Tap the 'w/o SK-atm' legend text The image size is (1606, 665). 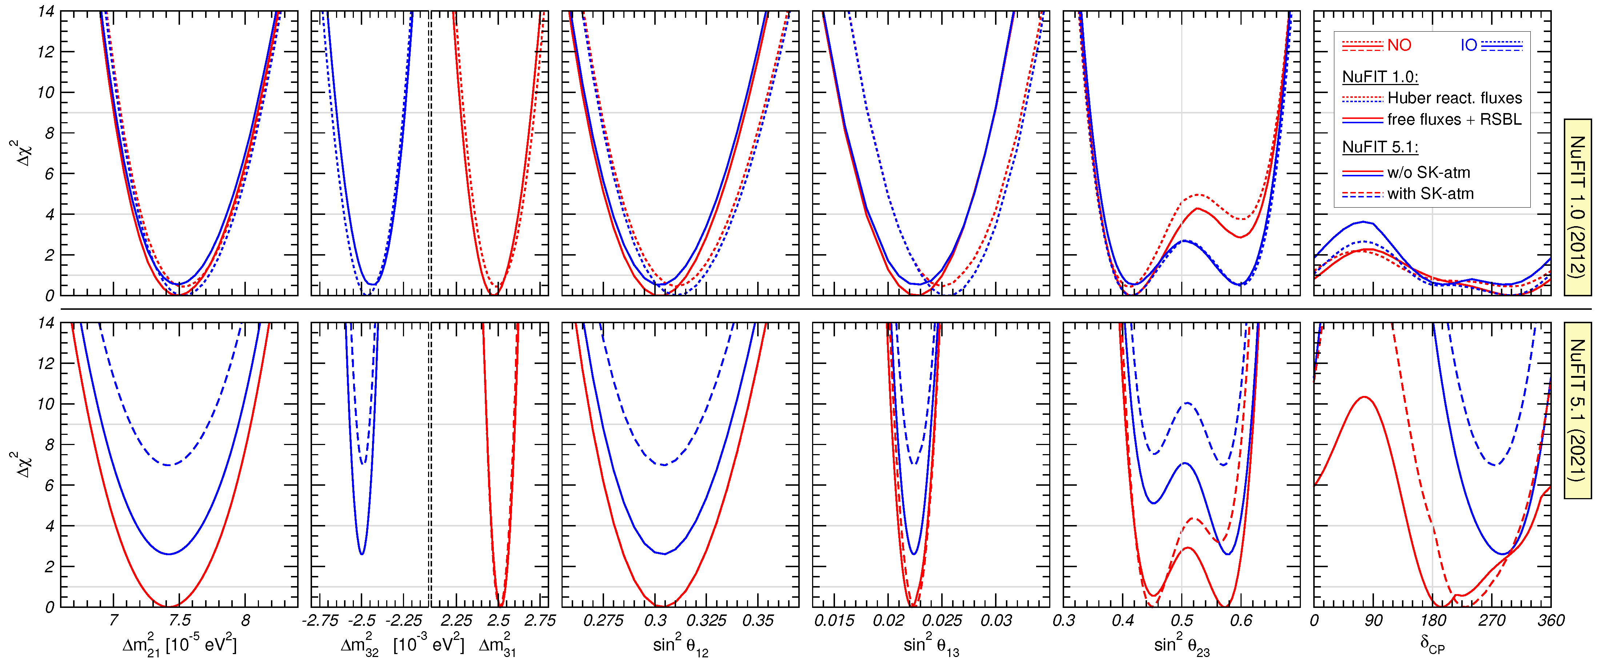[1428, 173]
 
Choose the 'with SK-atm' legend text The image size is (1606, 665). [1430, 194]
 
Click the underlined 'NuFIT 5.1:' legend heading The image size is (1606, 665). [1380, 147]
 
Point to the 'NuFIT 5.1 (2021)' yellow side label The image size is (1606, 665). [1577, 409]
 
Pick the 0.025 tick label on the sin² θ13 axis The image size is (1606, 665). [942, 621]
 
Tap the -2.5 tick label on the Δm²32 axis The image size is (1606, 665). [361, 621]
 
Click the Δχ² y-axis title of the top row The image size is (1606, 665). [24, 153]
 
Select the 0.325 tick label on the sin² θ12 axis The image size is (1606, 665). [706, 621]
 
